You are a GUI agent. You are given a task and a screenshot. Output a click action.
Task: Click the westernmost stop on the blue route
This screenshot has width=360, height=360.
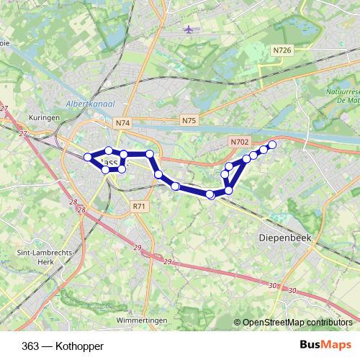[x=88, y=157]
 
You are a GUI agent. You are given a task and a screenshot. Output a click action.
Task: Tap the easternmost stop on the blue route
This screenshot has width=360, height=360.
[x=272, y=145]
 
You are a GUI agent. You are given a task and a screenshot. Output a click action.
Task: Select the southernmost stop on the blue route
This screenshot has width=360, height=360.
[x=210, y=194]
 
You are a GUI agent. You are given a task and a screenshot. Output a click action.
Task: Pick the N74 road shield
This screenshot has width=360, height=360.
[x=122, y=123]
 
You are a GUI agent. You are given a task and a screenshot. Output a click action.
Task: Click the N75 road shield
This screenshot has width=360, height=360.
[x=189, y=120]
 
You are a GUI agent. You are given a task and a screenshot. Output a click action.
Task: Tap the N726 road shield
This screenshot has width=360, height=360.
[x=282, y=50]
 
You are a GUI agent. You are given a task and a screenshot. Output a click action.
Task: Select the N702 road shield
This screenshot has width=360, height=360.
[x=238, y=143]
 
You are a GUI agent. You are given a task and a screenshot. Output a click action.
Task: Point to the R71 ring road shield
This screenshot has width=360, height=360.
[x=139, y=206]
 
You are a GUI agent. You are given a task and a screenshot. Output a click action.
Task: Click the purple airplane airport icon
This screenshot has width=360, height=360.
[x=189, y=30]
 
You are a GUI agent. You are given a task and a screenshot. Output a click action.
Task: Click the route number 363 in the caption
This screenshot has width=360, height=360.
[x=31, y=346]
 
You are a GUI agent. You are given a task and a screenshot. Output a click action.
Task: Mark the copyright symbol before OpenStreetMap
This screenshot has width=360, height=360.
[x=238, y=323]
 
